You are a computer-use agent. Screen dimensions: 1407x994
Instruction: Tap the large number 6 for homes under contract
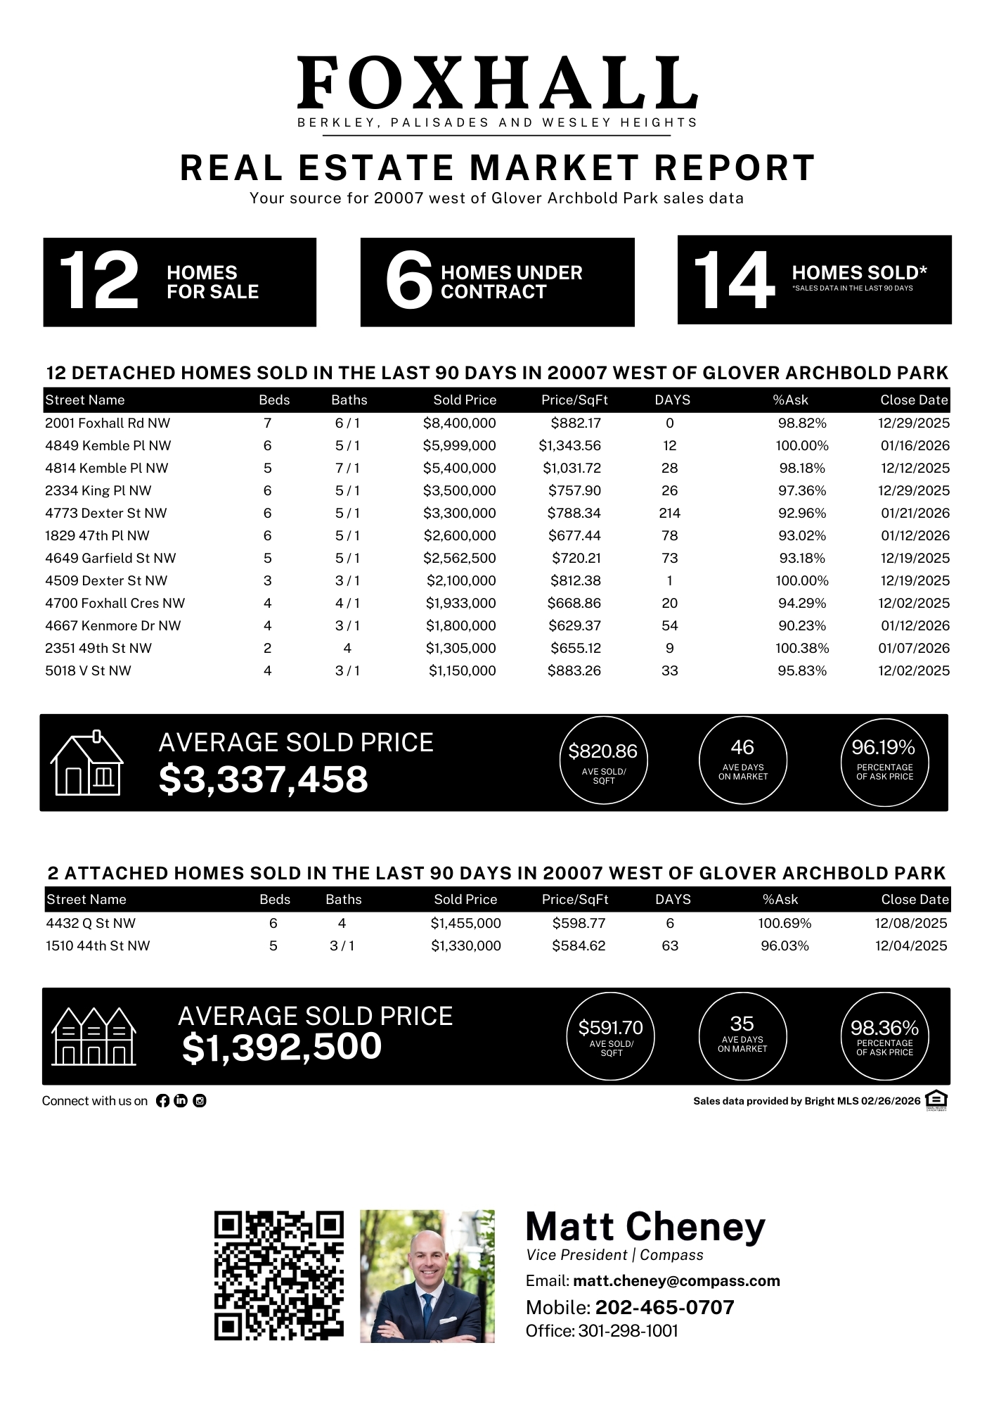click(x=408, y=281)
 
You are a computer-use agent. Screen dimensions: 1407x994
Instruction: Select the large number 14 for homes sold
click(x=733, y=281)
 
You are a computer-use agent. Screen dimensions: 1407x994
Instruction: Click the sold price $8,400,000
click(x=459, y=424)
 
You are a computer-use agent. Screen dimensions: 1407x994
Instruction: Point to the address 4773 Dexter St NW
click(x=105, y=514)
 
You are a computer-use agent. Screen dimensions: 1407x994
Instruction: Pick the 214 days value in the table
click(x=669, y=514)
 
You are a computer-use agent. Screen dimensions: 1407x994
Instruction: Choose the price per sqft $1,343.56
click(x=569, y=446)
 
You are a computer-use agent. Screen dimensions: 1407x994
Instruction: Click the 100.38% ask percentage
click(x=802, y=649)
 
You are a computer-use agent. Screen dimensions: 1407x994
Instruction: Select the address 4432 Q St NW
click(x=91, y=924)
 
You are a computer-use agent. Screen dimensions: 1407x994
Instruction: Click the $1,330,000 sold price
click(x=465, y=946)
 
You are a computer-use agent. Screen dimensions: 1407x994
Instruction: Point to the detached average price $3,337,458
click(x=264, y=779)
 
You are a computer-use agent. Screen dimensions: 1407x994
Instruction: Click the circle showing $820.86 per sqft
click(x=603, y=760)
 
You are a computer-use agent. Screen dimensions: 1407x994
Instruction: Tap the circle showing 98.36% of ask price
click(x=884, y=1036)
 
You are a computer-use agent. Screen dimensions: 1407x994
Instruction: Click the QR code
click(x=279, y=1275)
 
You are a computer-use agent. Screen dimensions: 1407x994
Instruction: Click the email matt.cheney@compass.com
click(x=676, y=1281)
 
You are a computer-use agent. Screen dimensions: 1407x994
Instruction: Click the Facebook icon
click(x=162, y=1101)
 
